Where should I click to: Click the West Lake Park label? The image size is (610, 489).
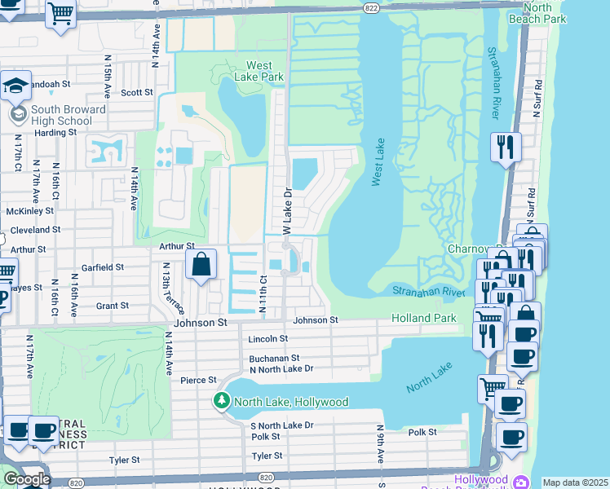tap(259, 71)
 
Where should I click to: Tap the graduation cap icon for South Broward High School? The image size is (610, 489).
tap(15, 86)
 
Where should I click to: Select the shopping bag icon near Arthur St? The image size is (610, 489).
tap(201, 264)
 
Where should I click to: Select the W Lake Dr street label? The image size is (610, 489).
tap(287, 209)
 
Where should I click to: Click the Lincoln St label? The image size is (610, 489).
tap(268, 338)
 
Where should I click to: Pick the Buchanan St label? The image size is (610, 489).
tap(274, 358)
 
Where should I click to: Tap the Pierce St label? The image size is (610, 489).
tap(198, 380)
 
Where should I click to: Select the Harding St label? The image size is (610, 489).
tap(54, 132)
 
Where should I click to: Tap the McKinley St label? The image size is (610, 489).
tap(29, 209)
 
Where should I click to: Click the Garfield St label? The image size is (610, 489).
tap(102, 267)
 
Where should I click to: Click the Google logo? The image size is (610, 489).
tap(26, 479)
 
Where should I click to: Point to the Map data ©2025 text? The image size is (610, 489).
tap(575, 482)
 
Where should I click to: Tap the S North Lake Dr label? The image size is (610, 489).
tap(281, 425)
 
